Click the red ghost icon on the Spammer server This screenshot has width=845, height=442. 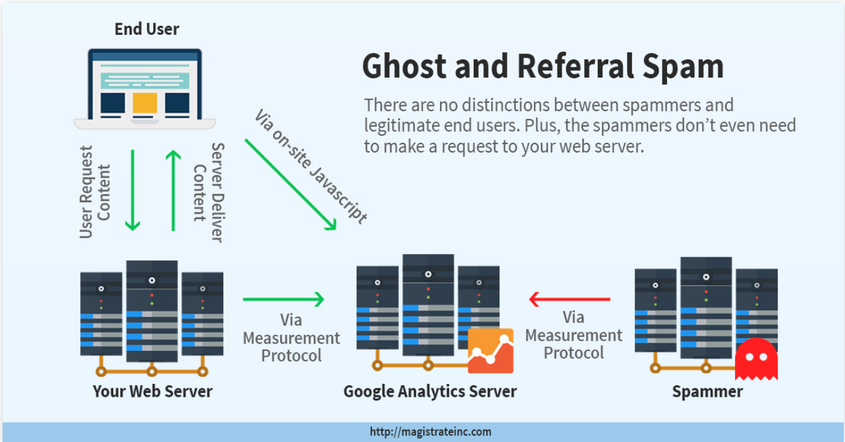(x=756, y=359)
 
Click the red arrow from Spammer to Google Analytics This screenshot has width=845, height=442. (x=569, y=299)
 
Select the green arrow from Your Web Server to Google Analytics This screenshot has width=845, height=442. (x=283, y=299)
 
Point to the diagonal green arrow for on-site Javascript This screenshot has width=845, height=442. (x=291, y=185)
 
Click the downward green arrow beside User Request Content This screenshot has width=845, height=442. (x=133, y=190)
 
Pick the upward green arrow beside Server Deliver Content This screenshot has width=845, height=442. (x=173, y=190)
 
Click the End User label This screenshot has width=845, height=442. (x=147, y=29)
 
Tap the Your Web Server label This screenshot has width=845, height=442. (x=152, y=392)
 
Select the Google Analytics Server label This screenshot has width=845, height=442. (x=430, y=392)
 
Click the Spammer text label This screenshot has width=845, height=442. (x=707, y=392)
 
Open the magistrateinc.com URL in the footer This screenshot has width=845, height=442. (x=430, y=432)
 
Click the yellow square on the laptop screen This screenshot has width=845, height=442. (x=145, y=103)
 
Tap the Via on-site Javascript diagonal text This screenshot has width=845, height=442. (x=311, y=167)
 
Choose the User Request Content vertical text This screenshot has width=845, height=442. (x=95, y=192)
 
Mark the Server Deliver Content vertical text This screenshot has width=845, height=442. (x=208, y=192)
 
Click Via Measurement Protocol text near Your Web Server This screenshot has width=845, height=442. (x=291, y=338)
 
